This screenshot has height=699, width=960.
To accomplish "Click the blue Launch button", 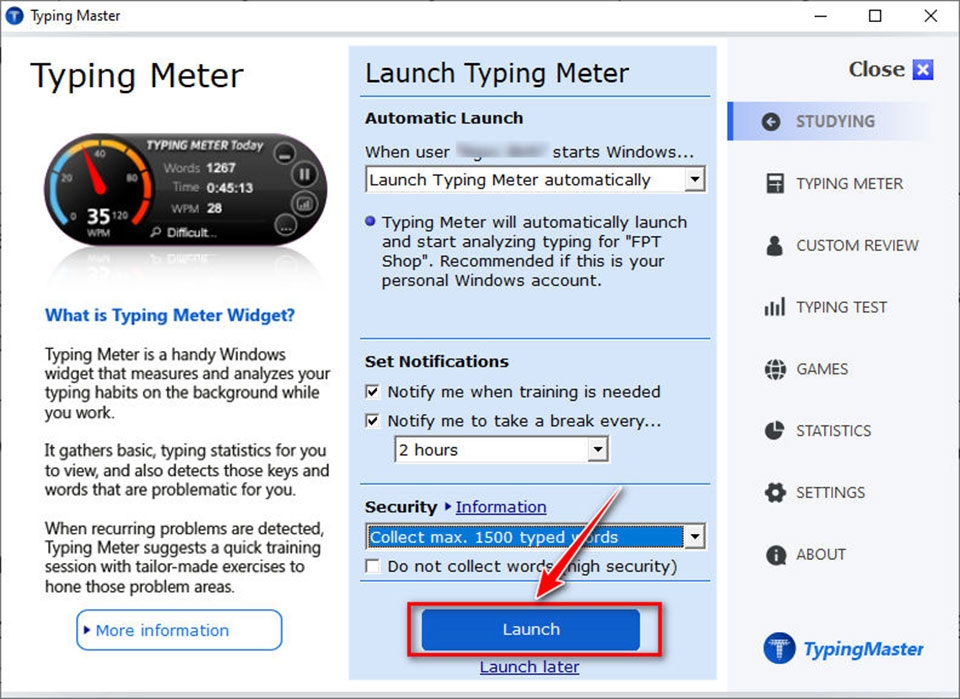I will [x=530, y=630].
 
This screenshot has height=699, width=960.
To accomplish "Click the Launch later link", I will [x=529, y=667].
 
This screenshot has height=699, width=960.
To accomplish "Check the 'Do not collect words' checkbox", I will [x=373, y=567].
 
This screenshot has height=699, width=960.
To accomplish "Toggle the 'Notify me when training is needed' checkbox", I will [x=373, y=392].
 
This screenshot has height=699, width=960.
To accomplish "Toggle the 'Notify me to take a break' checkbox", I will [x=373, y=421].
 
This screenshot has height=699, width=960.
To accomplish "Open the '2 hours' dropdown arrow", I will [x=597, y=450].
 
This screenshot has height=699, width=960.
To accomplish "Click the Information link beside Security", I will [x=501, y=507].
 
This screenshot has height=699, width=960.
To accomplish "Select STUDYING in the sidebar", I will [x=835, y=121].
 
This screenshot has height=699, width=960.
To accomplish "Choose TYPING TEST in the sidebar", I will [x=841, y=307].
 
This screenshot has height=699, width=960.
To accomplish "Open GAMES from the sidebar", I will [x=821, y=369].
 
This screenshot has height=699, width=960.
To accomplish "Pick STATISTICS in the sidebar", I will [x=833, y=431].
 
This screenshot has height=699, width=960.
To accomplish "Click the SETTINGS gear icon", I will [x=774, y=493].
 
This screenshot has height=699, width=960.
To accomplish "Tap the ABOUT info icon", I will [x=774, y=555].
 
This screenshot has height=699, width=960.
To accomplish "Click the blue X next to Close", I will [x=923, y=70].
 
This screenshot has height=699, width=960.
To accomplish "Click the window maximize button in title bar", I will [x=875, y=16].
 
